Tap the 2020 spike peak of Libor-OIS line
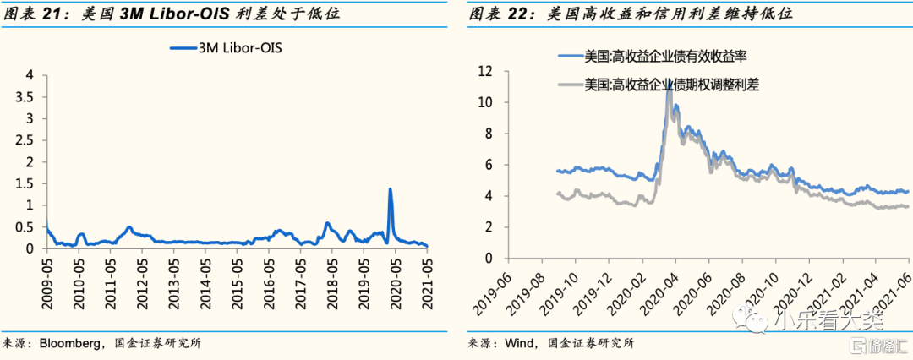(x=390, y=189)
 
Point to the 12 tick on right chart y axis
(x=485, y=71)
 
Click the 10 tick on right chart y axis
(x=485, y=102)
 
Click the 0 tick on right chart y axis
(x=489, y=259)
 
